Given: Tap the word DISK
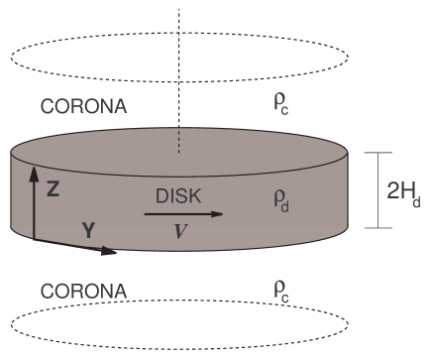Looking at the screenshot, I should tap(178, 195).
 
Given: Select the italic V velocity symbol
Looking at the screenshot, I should tap(178, 230).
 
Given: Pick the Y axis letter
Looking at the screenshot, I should tap(88, 230).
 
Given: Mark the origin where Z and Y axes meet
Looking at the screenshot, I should tap(35, 239).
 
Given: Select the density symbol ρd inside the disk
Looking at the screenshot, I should tap(281, 198).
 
